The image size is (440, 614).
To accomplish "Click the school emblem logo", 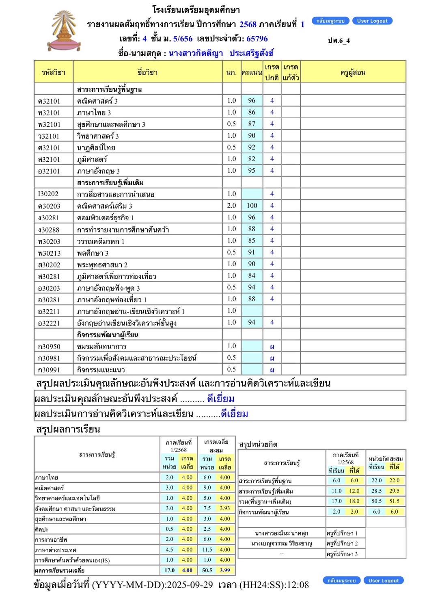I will point(64,32).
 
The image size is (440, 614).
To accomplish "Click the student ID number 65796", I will point(257,39).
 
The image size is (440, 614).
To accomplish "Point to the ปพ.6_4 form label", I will point(339,41).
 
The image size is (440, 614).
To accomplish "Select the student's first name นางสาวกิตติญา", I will point(196,53).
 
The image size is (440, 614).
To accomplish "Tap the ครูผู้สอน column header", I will point(353,72).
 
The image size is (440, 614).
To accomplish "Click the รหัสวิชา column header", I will point(54,72).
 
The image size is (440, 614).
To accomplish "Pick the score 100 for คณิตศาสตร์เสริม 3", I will point(252,206).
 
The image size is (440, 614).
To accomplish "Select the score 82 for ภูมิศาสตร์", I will point(252,159).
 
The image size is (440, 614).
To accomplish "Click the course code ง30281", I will point(49,218).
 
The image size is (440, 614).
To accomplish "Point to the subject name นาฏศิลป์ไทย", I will point(96,148).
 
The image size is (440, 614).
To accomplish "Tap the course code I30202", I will point(48,194).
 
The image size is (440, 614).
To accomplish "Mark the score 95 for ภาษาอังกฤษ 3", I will point(252,171).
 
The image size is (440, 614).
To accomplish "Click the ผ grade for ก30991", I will point(272,370).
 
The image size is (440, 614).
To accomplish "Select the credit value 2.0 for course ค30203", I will point(231,206).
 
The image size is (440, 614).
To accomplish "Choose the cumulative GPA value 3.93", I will point(225,508).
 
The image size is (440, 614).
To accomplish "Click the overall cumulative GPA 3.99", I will point(225,571).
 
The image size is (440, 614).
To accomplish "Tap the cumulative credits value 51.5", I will point(394,501).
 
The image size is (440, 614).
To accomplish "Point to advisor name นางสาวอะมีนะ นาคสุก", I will point(281,533).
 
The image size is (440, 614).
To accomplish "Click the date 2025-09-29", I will point(190,585).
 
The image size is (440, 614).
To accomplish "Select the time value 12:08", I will point(298,585).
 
